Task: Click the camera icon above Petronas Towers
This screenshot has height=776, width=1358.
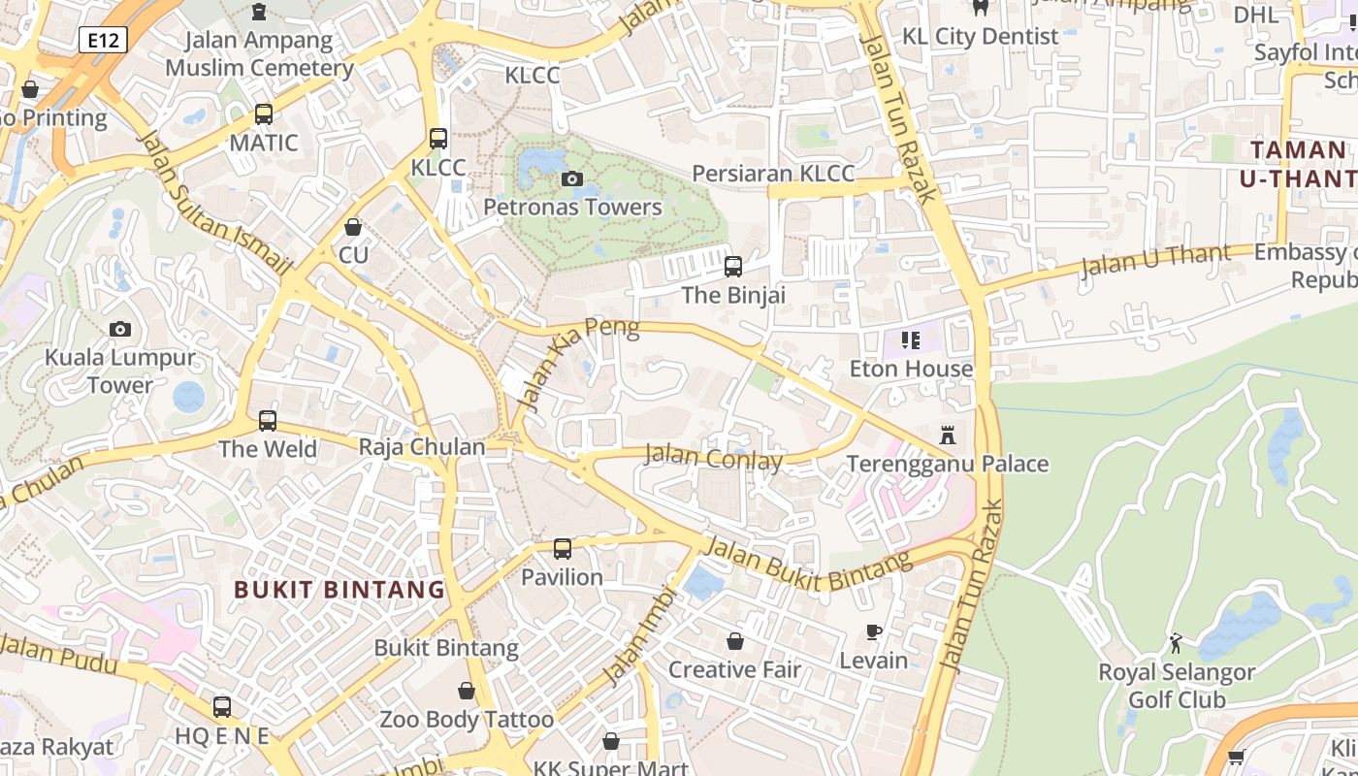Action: (x=572, y=178)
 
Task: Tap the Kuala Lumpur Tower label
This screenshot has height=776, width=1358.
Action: (x=120, y=371)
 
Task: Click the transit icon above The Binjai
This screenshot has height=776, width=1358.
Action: (x=733, y=266)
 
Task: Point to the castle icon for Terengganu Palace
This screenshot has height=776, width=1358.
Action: (x=948, y=436)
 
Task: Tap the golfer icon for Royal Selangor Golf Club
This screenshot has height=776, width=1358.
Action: (x=1176, y=642)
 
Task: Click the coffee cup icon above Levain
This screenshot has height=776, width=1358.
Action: (x=874, y=632)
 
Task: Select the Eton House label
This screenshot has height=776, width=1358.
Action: (x=911, y=369)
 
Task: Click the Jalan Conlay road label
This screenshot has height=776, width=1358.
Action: (x=713, y=457)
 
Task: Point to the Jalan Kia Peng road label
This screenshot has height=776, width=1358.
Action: (x=578, y=361)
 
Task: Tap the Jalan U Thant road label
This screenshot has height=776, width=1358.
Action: (x=1154, y=261)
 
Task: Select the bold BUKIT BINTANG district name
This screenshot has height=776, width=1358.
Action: (x=339, y=589)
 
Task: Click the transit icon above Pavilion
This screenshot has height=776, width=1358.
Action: (x=563, y=549)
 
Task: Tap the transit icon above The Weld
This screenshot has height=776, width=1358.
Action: (x=268, y=421)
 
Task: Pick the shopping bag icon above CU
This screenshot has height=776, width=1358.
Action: (x=353, y=227)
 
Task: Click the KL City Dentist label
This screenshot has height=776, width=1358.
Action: (x=980, y=36)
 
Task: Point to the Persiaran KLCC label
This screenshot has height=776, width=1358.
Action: (x=773, y=174)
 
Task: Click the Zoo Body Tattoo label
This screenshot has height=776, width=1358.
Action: (x=467, y=720)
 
